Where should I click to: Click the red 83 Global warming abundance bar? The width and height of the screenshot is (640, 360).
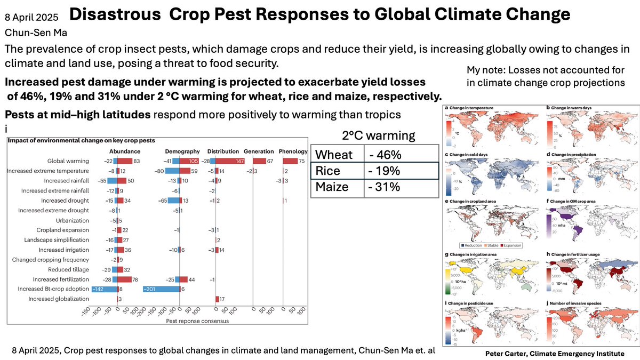(x=125, y=161)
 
